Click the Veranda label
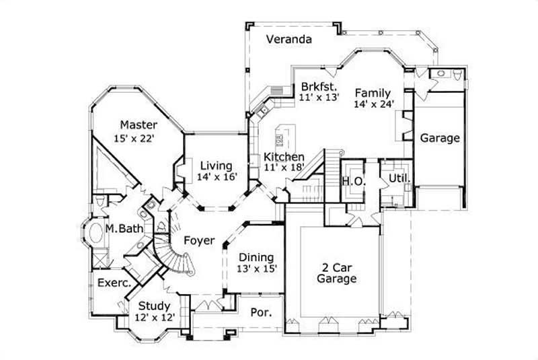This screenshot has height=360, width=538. (x=288, y=39)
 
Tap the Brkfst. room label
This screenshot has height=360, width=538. (x=315, y=87)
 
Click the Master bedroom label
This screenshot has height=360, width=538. (x=139, y=124)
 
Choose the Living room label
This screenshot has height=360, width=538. (x=215, y=165)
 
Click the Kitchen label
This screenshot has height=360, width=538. (x=284, y=156)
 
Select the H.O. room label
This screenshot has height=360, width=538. (x=353, y=180)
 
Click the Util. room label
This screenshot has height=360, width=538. (x=397, y=178)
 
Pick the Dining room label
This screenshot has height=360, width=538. (x=256, y=257)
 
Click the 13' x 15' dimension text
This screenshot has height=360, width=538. (x=256, y=268)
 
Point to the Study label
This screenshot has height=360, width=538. (x=154, y=306)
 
